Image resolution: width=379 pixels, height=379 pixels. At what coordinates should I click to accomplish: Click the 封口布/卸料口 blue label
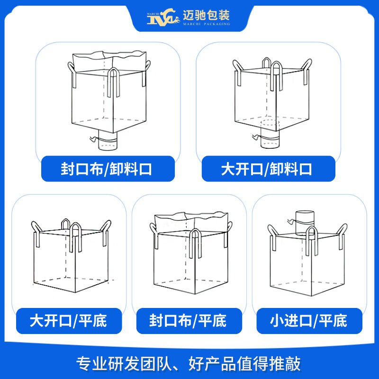tap(107, 169)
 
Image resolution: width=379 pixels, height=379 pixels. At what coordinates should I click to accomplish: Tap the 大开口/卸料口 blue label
tap(268, 169)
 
